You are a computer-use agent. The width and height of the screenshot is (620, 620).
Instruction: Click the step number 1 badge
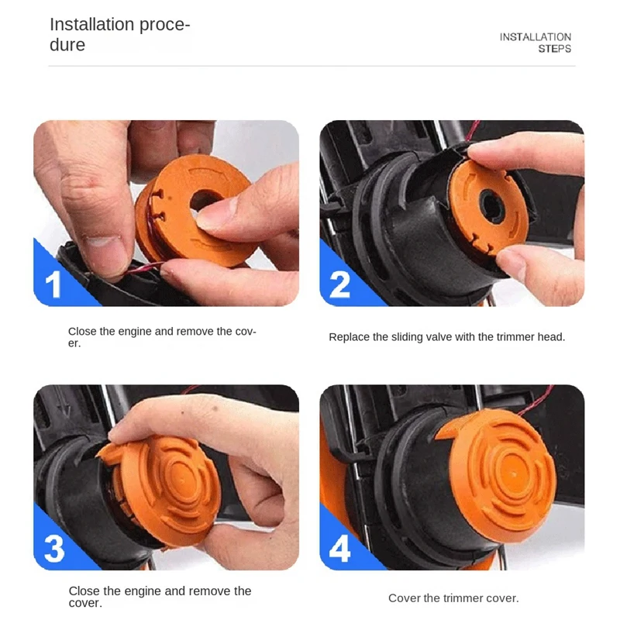(x=53, y=284)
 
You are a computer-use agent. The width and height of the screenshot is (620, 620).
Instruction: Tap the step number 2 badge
(x=339, y=284)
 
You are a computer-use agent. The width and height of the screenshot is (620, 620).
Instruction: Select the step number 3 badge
(x=53, y=549)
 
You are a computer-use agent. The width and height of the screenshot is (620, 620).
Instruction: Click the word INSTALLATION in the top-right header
(x=535, y=37)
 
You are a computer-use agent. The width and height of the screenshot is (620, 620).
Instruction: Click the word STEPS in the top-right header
(x=554, y=49)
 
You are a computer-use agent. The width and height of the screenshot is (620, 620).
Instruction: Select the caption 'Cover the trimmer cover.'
(x=453, y=598)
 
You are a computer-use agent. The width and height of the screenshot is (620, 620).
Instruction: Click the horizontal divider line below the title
(x=310, y=66)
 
